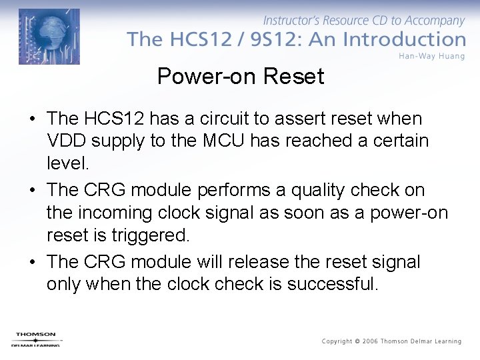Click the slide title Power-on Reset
[240, 77]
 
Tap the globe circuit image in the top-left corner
[49, 37]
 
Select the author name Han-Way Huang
[431, 56]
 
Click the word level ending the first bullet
[67, 163]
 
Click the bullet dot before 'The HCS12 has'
[32, 119]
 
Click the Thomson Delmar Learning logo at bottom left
[37, 339]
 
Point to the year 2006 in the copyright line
[369, 341]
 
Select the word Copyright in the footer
[337, 341]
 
